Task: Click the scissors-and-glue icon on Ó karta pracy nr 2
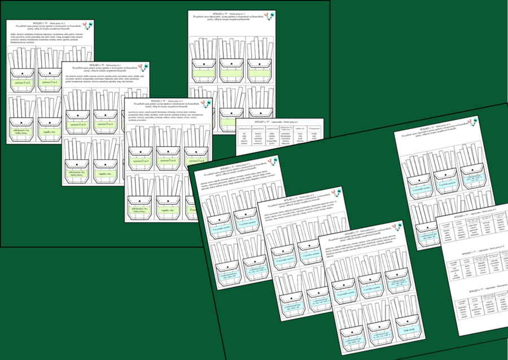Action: point(85,25)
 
